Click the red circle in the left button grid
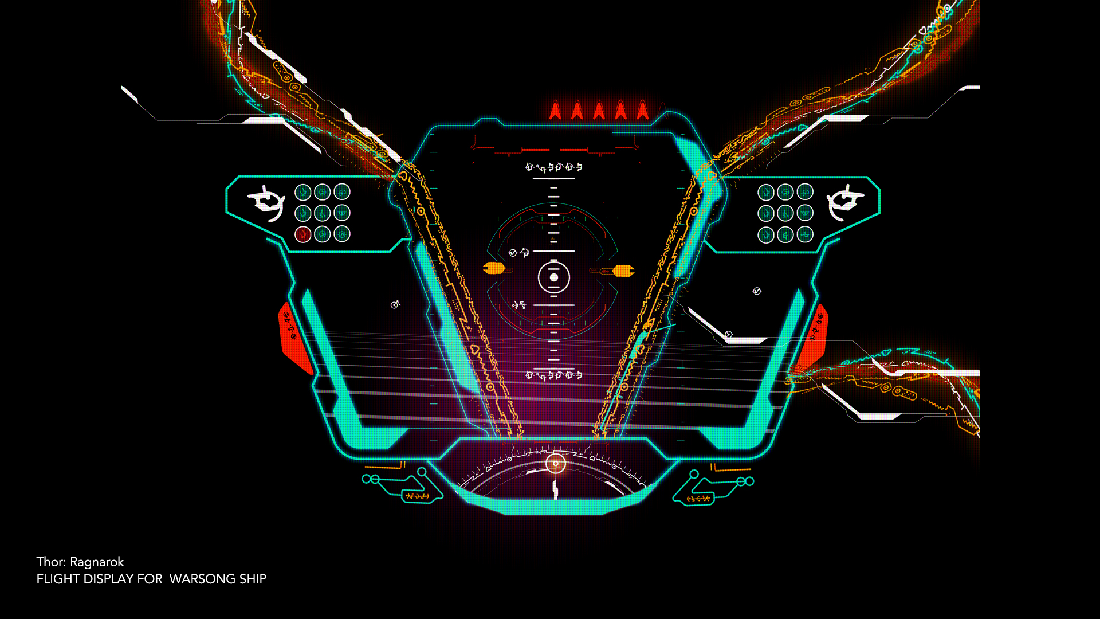pyautogui.click(x=303, y=234)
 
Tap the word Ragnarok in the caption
pyautogui.click(x=97, y=562)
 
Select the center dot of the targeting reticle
pyautogui.click(x=554, y=277)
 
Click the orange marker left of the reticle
pyautogui.click(x=493, y=268)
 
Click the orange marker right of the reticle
pyautogui.click(x=623, y=271)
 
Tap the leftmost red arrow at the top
pyautogui.click(x=555, y=110)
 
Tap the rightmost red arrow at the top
pyautogui.click(x=642, y=110)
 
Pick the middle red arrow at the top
pyautogui.click(x=599, y=110)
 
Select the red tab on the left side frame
pyautogui.click(x=293, y=338)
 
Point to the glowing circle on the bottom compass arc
pyautogui.click(x=555, y=463)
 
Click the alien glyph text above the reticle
pyautogui.click(x=553, y=167)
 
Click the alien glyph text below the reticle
pyautogui.click(x=553, y=375)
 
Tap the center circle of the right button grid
pyautogui.click(x=785, y=213)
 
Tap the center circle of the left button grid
pyautogui.click(x=323, y=213)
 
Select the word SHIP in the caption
pyautogui.click(x=253, y=579)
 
